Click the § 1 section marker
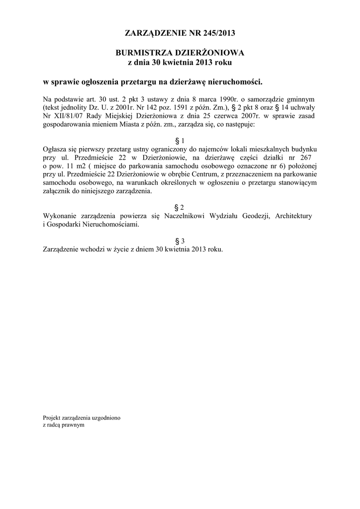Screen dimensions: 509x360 180,141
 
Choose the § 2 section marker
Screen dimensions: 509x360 180,207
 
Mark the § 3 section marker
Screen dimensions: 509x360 180,241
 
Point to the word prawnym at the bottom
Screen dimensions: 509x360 73,425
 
